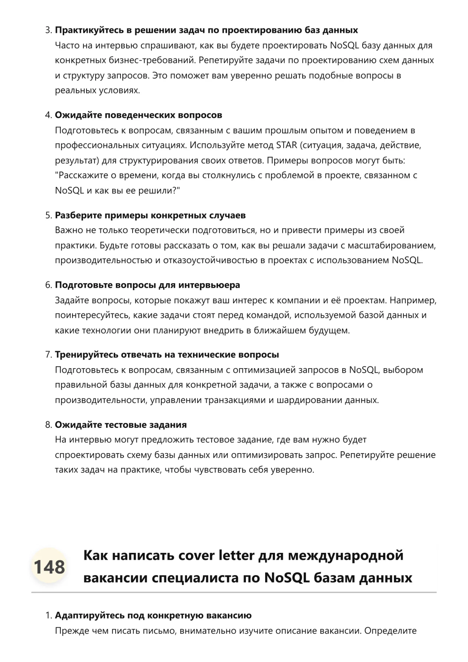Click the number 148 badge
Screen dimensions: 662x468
49,567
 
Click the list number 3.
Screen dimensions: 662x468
48,30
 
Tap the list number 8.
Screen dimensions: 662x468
48,425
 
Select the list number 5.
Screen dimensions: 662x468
48,216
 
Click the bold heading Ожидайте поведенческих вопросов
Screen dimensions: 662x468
138,115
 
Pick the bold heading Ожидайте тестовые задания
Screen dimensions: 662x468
121,425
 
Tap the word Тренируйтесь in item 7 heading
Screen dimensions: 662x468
86,355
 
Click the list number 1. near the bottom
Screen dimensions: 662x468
48,616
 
